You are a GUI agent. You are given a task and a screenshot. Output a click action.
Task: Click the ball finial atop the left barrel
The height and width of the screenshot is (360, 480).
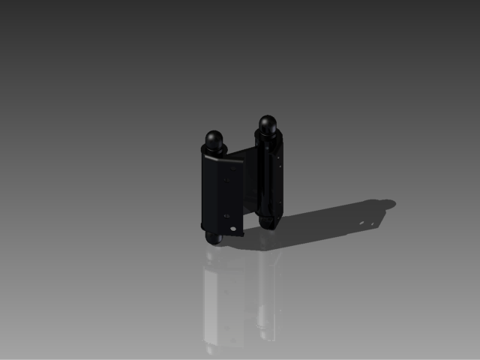(214, 139)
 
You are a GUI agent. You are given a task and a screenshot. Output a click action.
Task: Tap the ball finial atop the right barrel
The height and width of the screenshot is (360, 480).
(268, 123)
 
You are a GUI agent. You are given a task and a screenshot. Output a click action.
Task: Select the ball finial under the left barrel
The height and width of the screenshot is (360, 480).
(213, 238)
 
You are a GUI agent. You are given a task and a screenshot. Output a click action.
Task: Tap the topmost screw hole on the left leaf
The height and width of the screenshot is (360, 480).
(231, 169)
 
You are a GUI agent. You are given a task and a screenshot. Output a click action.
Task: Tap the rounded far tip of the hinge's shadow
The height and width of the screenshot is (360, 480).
(388, 203)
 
